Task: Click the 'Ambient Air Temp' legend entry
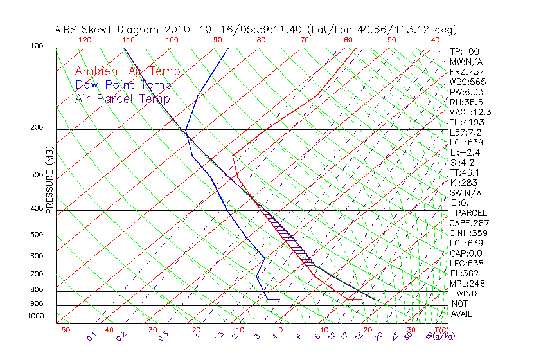click(x=127, y=71)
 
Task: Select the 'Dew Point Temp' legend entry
click(x=123, y=85)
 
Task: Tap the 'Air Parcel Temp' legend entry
click(x=123, y=98)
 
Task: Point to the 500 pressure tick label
click(x=37, y=235)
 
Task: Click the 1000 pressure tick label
click(x=35, y=316)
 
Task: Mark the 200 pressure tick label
click(x=37, y=128)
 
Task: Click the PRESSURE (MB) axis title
click(x=49, y=181)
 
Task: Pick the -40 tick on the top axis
click(x=432, y=40)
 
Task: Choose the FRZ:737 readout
click(x=467, y=71)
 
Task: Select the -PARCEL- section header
click(x=471, y=213)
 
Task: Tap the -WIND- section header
click(x=467, y=293)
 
